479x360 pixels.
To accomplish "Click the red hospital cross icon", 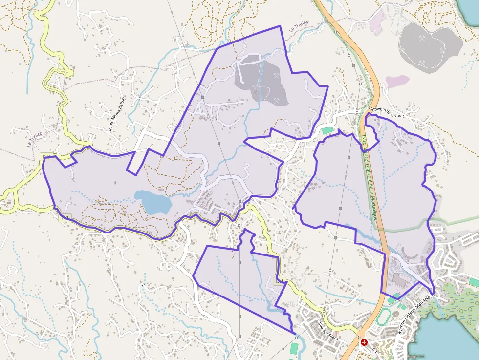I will click(364, 342).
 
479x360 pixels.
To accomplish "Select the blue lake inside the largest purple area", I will click(153, 202).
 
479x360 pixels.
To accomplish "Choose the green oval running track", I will click(384, 316).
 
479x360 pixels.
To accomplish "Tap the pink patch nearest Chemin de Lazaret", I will click(397, 81).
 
